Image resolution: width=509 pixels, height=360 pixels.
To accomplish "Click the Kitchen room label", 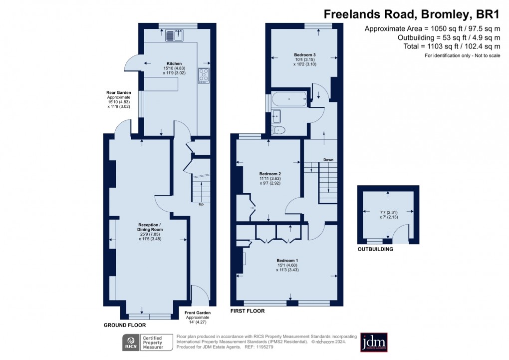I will [x=174, y=63].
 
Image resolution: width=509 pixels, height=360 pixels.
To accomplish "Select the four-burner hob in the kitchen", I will [x=204, y=75].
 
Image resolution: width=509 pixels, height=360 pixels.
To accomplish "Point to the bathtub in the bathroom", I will [x=289, y=99].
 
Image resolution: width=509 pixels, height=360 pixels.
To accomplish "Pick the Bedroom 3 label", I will [x=305, y=54].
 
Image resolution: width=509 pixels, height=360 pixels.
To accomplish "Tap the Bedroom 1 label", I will [x=287, y=260].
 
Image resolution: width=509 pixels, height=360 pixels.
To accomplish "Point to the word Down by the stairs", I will [x=328, y=160].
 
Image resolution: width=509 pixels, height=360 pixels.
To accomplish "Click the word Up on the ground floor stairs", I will [x=201, y=204].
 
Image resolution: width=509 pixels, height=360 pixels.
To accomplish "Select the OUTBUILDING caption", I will [x=375, y=249].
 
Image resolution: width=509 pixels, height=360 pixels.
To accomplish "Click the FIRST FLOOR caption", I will [x=248, y=311].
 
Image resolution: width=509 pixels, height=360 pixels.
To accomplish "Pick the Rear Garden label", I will [x=118, y=92].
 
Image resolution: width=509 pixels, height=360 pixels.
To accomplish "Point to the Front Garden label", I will [x=198, y=313].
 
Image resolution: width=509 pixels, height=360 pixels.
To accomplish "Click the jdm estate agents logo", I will [x=374, y=343].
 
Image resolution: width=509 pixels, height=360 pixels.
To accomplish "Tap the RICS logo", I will [x=131, y=343].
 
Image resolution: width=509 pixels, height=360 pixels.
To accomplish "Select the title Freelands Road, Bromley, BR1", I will [x=412, y=14].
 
